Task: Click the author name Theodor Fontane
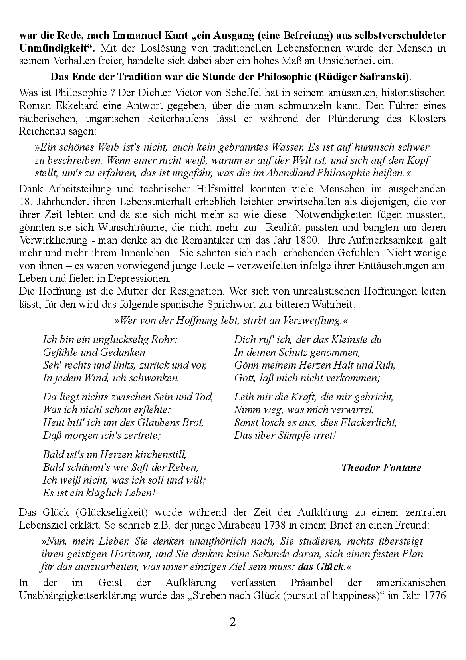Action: pyautogui.click(x=381, y=468)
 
